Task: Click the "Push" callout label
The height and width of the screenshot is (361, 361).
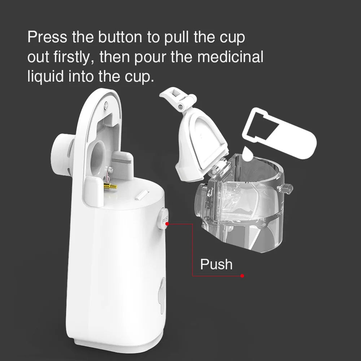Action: (x=216, y=264)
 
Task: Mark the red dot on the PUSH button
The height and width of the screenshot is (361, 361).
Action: (x=167, y=224)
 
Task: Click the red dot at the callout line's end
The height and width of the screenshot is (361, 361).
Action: (x=242, y=276)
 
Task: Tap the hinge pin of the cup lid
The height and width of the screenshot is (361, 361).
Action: (x=179, y=107)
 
